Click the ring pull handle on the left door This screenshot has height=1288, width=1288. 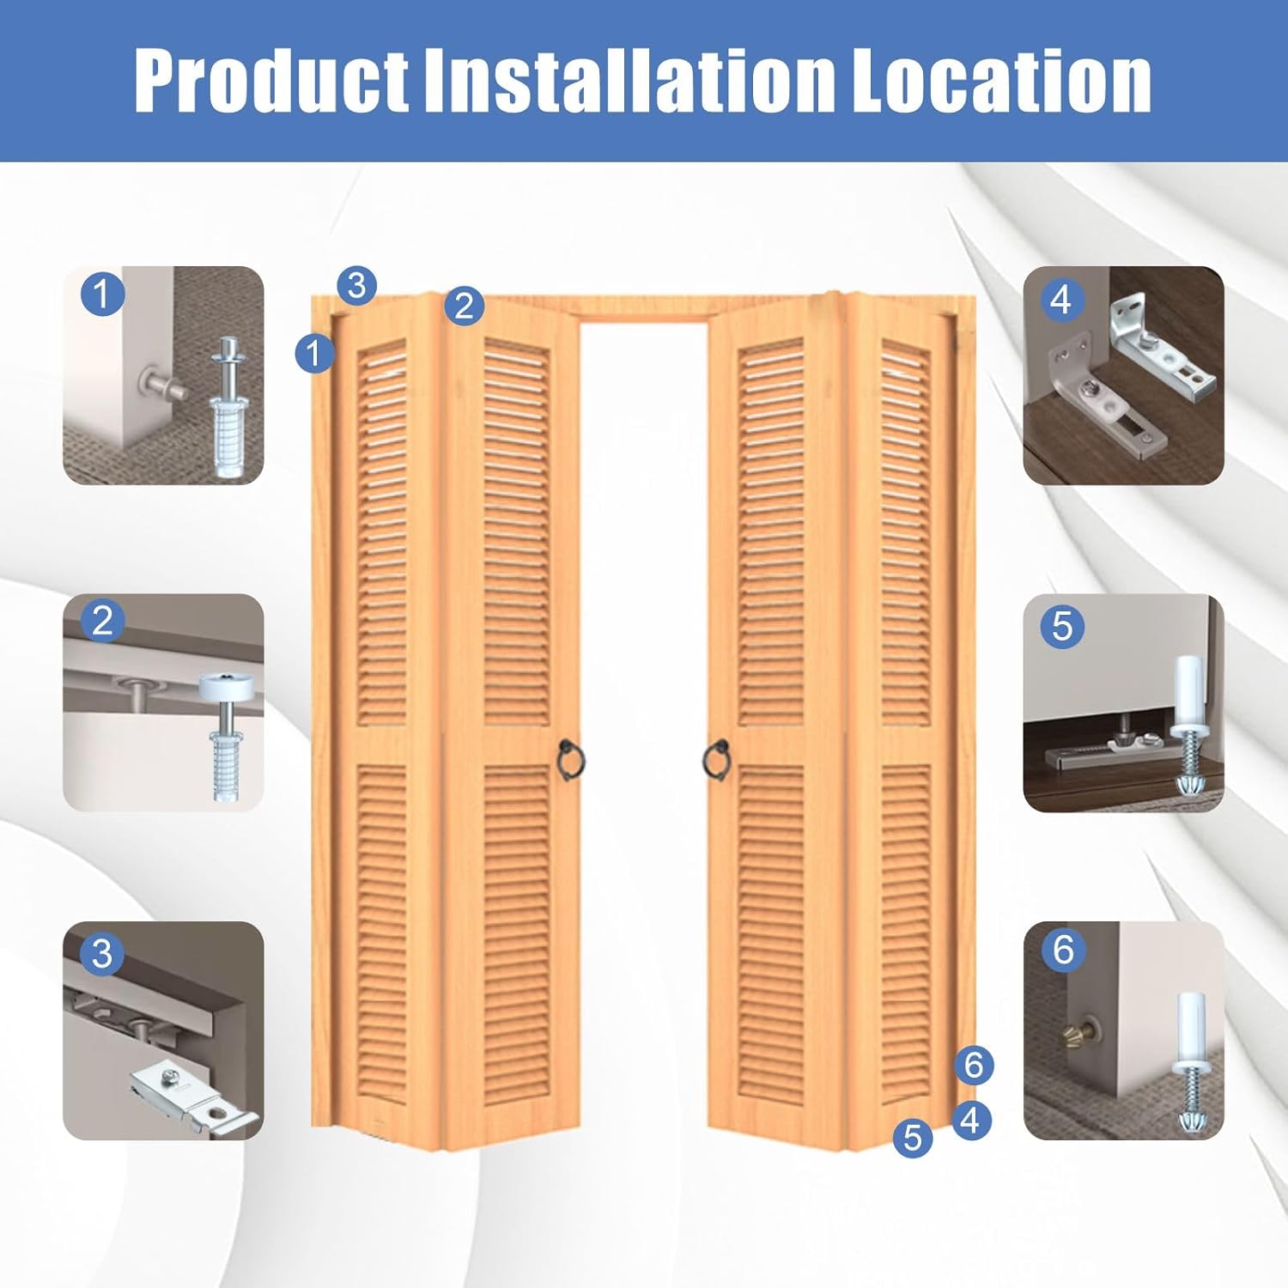pyautogui.click(x=570, y=760)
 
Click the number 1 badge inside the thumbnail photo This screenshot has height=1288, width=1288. pyautogui.click(x=102, y=294)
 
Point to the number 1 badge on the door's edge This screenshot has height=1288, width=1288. pyautogui.click(x=314, y=353)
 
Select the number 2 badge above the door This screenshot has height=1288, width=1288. pyautogui.click(x=465, y=306)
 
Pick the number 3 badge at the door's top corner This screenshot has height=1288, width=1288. pyautogui.click(x=357, y=285)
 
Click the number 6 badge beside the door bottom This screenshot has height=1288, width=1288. pyautogui.click(x=974, y=1065)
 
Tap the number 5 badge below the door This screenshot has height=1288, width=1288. pyautogui.click(x=913, y=1138)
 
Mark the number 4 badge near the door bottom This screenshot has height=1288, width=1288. pyautogui.click(x=970, y=1120)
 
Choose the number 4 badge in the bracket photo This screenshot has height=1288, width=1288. pyautogui.click(x=1061, y=300)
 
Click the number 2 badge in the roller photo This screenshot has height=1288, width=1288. pyautogui.click(x=102, y=621)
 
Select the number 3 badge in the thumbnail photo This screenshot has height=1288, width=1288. pyautogui.click(x=102, y=953)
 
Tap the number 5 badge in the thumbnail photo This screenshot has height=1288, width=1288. pyautogui.click(x=1062, y=626)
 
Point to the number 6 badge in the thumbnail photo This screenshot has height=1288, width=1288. pyautogui.click(x=1063, y=950)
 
